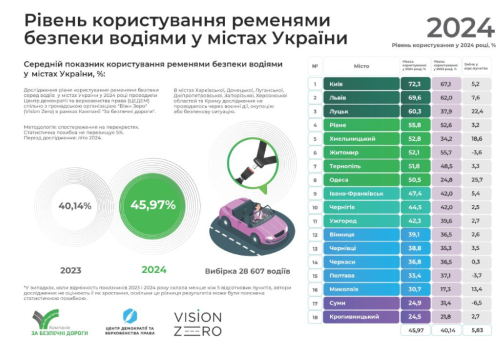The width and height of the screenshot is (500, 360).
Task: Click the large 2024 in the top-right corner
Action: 460,27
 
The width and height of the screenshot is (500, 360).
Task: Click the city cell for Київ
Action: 361,83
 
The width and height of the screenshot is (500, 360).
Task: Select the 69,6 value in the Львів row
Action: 414,97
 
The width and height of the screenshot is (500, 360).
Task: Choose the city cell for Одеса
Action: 361,180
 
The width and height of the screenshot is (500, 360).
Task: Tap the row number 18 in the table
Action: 316,317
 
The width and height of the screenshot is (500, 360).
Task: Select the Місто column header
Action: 361,65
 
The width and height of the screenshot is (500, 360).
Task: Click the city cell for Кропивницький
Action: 361,317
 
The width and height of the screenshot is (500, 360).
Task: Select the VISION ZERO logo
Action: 197,323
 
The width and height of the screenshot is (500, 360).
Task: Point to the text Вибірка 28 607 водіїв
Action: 247,272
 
